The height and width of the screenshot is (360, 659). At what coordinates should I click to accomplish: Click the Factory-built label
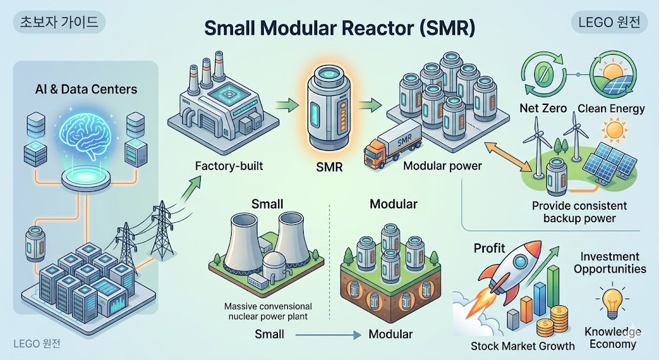pyautogui.click(x=229, y=166)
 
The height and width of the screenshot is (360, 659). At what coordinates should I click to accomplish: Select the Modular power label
pyautogui.click(x=442, y=166)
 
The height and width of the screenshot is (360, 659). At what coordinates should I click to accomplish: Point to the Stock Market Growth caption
pyautogui.click(x=523, y=346)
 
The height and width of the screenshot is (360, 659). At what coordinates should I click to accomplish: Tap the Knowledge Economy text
pyautogui.click(x=613, y=337)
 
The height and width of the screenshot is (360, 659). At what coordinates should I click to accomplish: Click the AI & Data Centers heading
pyautogui.click(x=87, y=89)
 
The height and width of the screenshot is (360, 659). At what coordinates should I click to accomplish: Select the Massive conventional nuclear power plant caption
pyautogui.click(x=268, y=311)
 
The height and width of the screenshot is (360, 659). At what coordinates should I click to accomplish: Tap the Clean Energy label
pyautogui.click(x=611, y=108)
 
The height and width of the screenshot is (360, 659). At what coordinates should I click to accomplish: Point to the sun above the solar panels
pyautogui.click(x=615, y=131)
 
